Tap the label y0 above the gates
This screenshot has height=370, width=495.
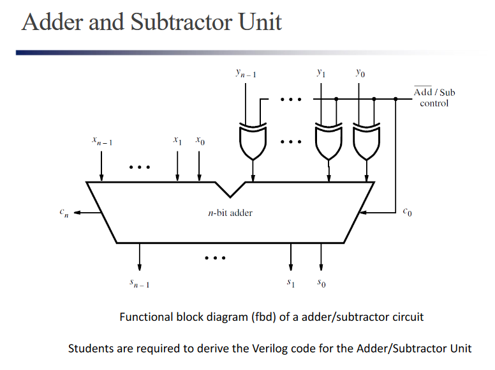pos(360,74)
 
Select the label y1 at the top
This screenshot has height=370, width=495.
pos(321,74)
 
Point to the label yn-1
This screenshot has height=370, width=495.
pos(246,75)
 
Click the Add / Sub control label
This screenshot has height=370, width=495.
pos(434,98)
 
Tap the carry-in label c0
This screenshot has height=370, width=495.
pos(408,212)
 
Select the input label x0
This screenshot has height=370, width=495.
pos(200,139)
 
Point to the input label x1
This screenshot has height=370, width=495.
pos(178,139)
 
